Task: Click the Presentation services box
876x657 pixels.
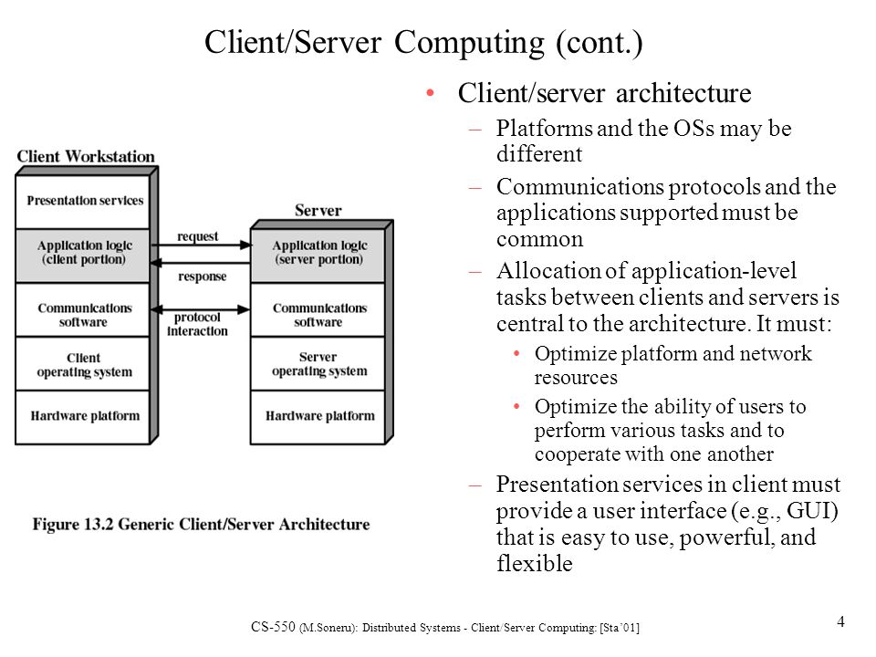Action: (x=83, y=201)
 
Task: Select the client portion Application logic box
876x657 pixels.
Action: (x=83, y=255)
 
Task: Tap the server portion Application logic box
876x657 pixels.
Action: (x=318, y=255)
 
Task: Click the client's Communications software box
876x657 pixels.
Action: (x=83, y=309)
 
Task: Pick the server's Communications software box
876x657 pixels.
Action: (x=318, y=309)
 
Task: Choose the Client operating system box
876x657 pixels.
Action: (x=83, y=364)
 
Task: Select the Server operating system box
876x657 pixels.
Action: (x=318, y=364)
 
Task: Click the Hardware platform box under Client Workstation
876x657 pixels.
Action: (x=83, y=417)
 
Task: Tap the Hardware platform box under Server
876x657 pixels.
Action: (x=318, y=417)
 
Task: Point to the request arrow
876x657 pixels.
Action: (x=201, y=245)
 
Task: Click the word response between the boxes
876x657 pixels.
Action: (x=203, y=276)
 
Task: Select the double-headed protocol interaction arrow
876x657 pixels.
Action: (x=200, y=309)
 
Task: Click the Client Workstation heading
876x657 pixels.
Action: (x=86, y=156)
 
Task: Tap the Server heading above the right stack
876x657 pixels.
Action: (x=318, y=211)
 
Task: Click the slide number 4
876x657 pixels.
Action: (x=840, y=621)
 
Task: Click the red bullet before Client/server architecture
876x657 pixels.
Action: (x=430, y=93)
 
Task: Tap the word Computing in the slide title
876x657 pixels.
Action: (x=469, y=43)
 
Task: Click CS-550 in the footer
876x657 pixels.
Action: (x=273, y=627)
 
